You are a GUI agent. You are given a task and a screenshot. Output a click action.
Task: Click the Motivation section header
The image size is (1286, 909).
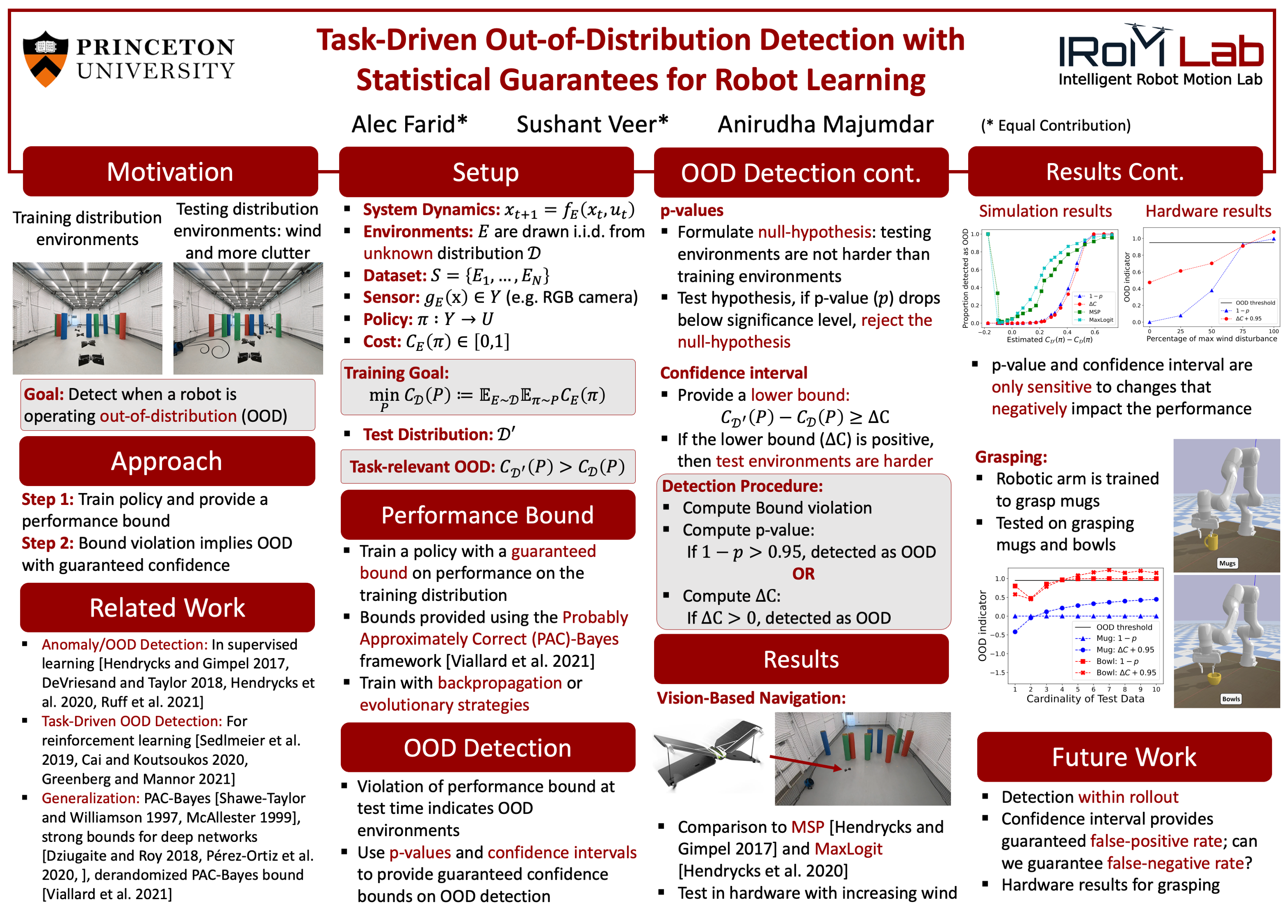click(170, 171)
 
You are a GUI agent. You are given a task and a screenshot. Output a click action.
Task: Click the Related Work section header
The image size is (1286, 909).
click(167, 608)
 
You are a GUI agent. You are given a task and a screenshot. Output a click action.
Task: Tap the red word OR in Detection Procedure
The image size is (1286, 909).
click(803, 574)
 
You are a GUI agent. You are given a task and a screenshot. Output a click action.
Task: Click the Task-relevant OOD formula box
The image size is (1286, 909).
click(488, 466)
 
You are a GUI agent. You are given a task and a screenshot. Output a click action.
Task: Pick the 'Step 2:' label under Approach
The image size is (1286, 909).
click(48, 543)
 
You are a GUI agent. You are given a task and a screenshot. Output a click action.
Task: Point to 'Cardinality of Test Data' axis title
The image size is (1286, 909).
click(1085, 699)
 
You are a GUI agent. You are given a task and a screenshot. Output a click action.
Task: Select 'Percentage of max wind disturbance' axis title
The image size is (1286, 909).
click(1211, 339)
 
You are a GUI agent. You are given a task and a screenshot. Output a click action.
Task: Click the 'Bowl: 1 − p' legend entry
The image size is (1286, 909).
click(1110, 661)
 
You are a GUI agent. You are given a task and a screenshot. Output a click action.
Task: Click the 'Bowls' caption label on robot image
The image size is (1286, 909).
click(1231, 699)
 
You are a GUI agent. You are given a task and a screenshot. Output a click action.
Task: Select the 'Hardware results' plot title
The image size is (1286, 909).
click(1208, 211)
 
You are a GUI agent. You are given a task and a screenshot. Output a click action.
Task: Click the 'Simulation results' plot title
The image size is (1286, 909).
click(1045, 211)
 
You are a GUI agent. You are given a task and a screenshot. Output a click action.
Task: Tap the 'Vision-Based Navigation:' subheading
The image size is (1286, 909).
click(751, 698)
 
